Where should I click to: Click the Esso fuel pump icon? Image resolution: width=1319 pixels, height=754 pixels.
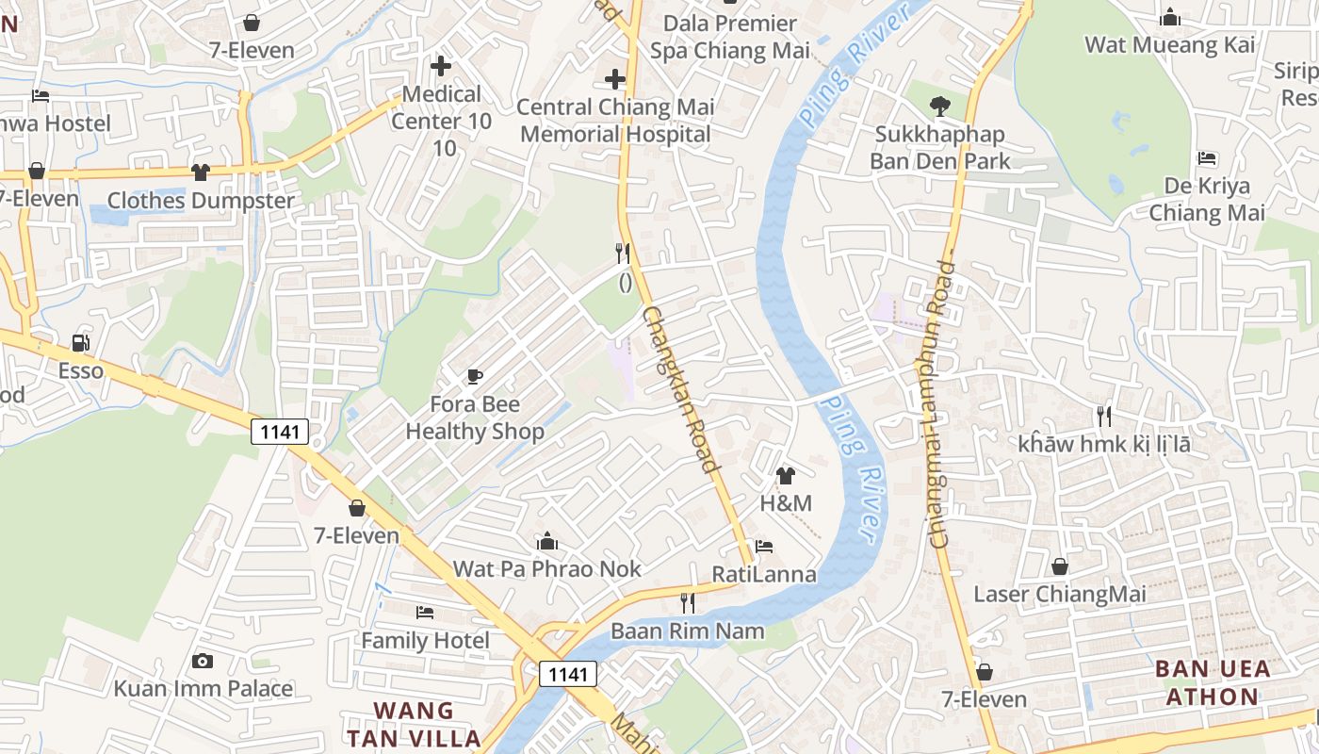(x=81, y=343)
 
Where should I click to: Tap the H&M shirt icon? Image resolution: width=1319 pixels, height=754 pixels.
(x=786, y=476)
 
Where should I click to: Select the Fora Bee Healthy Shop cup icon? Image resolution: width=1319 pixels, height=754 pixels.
(x=475, y=377)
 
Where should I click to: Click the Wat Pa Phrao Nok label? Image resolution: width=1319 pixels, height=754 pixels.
(x=547, y=569)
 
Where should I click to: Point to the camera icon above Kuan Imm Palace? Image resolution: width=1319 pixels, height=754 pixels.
(x=203, y=662)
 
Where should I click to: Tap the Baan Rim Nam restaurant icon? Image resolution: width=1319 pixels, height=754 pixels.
(x=688, y=603)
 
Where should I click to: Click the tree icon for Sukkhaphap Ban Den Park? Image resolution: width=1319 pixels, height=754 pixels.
(x=939, y=107)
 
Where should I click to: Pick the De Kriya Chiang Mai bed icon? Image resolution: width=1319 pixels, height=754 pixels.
(x=1207, y=158)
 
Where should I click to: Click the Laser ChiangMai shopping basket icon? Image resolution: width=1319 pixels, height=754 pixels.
(x=1060, y=566)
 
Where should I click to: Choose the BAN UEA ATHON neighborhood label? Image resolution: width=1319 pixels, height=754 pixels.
(x=1212, y=683)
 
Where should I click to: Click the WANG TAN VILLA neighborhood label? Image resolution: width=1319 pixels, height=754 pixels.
(x=414, y=724)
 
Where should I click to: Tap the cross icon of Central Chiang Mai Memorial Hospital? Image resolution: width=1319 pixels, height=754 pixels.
(x=615, y=79)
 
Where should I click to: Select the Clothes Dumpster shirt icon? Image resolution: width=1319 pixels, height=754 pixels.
(x=201, y=172)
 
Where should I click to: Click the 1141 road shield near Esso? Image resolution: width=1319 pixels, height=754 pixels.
(x=280, y=433)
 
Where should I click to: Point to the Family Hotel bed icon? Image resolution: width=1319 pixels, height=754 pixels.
(x=425, y=613)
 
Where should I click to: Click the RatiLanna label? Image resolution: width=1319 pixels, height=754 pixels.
(x=764, y=574)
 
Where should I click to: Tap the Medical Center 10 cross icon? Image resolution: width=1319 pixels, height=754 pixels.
(x=440, y=66)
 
